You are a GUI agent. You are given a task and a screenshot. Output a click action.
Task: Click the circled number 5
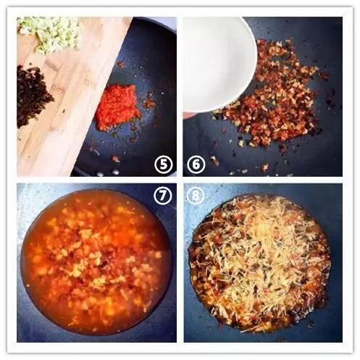click(164, 165)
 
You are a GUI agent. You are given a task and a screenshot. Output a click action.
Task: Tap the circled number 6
click(196, 165)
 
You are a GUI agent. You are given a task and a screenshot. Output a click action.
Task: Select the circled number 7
click(162, 196)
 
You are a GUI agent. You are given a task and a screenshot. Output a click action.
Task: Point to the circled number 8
click(195, 196)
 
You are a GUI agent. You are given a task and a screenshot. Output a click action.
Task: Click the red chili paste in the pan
click(117, 106)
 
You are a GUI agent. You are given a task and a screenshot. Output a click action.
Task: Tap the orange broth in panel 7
click(96, 262)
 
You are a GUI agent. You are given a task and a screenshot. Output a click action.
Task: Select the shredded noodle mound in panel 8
click(259, 262)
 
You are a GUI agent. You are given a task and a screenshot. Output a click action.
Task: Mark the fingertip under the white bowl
click(188, 115)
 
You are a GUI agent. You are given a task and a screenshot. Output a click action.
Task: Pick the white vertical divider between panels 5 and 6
click(180, 96)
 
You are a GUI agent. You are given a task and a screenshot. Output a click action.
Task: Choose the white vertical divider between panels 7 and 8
click(180, 263)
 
